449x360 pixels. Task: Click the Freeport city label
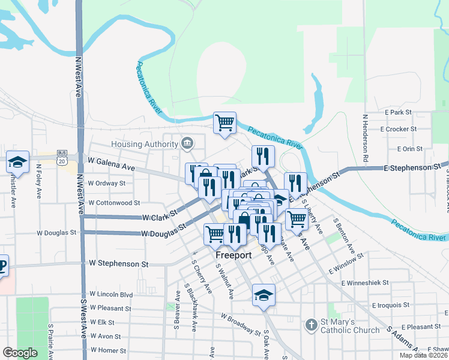(x=234, y=255)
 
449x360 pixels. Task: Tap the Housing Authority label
(x=144, y=144)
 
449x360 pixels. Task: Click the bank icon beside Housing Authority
(x=187, y=143)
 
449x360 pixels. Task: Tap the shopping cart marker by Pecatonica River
(x=224, y=123)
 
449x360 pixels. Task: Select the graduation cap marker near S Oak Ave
(x=263, y=295)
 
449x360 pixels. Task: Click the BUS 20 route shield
(x=62, y=154)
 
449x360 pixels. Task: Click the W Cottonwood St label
(x=113, y=203)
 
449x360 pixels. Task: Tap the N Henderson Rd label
(x=364, y=138)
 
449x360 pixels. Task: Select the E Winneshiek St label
(x=364, y=282)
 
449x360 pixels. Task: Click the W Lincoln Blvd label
(x=111, y=295)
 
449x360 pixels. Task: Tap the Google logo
(x=20, y=353)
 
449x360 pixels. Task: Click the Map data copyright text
(x=423, y=355)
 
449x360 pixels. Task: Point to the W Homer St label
(x=108, y=350)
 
